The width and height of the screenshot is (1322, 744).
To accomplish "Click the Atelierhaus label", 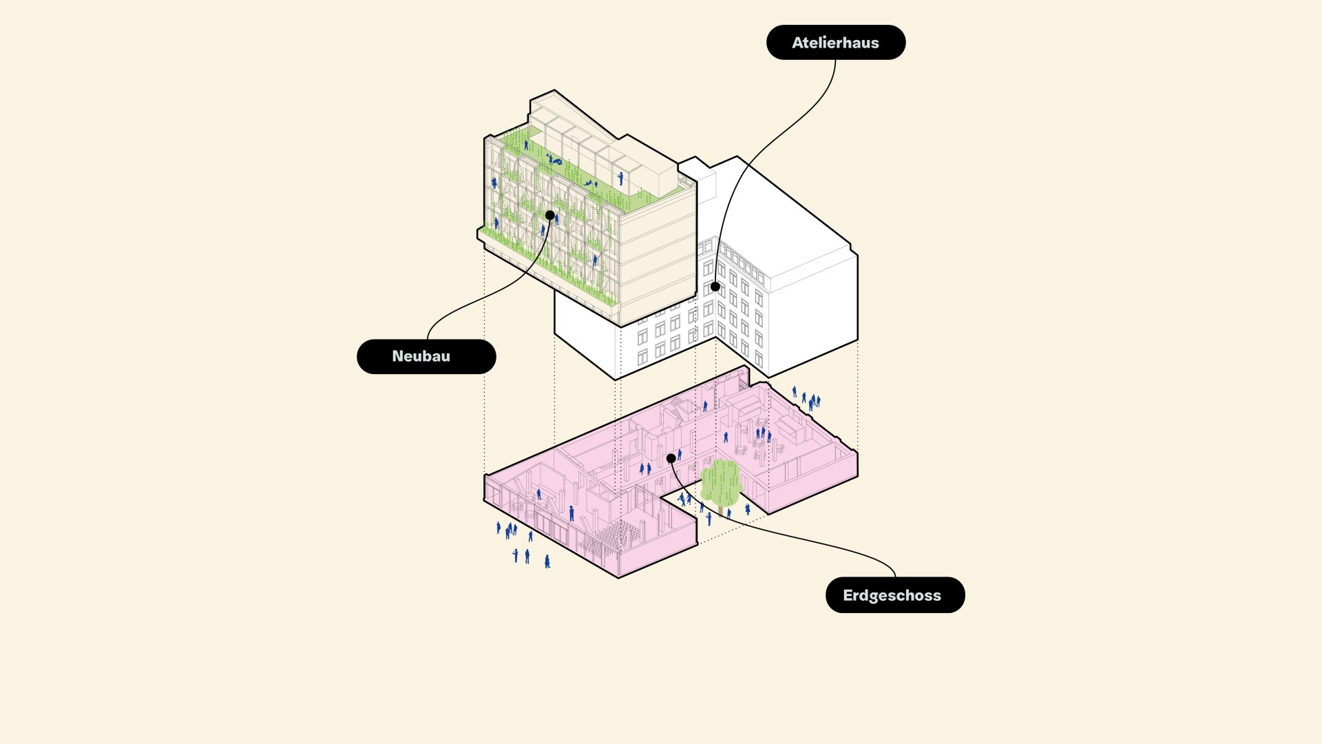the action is (835, 43).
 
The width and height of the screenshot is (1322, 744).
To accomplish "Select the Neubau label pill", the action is (426, 356).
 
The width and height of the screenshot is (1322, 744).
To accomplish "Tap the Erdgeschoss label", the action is (895, 595).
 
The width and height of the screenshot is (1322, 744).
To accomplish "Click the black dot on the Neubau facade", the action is (550, 216).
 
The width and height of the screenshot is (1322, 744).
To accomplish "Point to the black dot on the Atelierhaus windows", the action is (715, 287).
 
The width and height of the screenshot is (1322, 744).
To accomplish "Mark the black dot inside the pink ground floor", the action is (671, 458).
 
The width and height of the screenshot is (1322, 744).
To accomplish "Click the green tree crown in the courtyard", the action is (721, 482).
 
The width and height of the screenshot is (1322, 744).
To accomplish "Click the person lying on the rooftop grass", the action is (554, 161).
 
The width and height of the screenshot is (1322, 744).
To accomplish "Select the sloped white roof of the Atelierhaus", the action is (792, 214).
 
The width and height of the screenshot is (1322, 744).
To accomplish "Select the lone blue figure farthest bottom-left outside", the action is (547, 561).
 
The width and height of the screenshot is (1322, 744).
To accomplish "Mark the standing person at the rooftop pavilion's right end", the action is (620, 178).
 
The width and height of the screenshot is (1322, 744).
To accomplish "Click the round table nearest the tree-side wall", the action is (741, 450).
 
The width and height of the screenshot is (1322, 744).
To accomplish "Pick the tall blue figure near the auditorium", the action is (571, 513).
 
